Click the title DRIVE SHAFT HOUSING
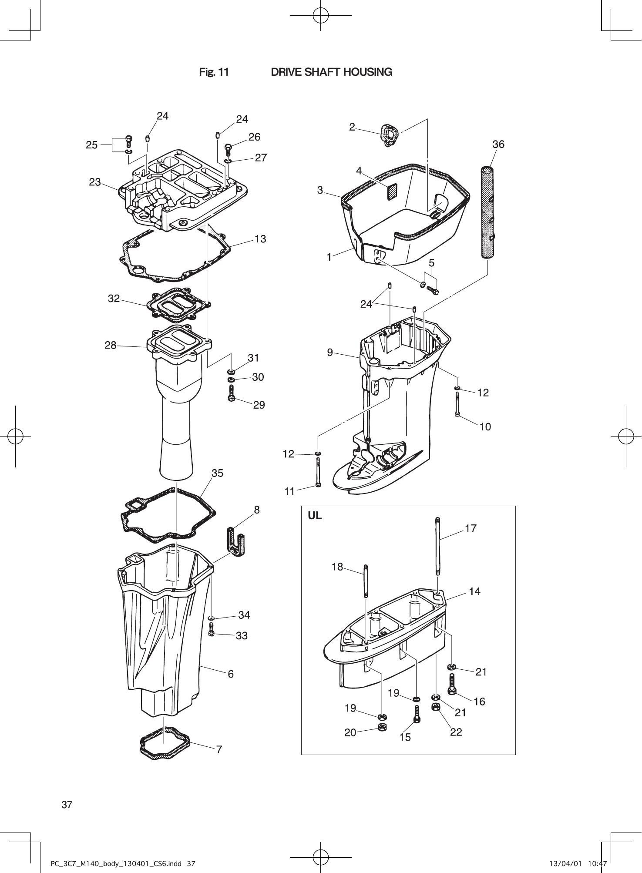coord(331,72)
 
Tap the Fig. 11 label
coord(214,72)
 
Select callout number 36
coord(498,144)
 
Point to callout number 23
coord(95,182)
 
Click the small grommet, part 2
coord(389,135)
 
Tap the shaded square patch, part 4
coord(392,191)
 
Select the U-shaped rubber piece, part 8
coord(235,541)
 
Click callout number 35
coord(217,473)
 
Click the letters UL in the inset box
coord(315,516)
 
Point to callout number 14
coord(474,591)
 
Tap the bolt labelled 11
coord(318,473)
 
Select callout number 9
coord(330,353)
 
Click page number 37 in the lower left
coord(67,804)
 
